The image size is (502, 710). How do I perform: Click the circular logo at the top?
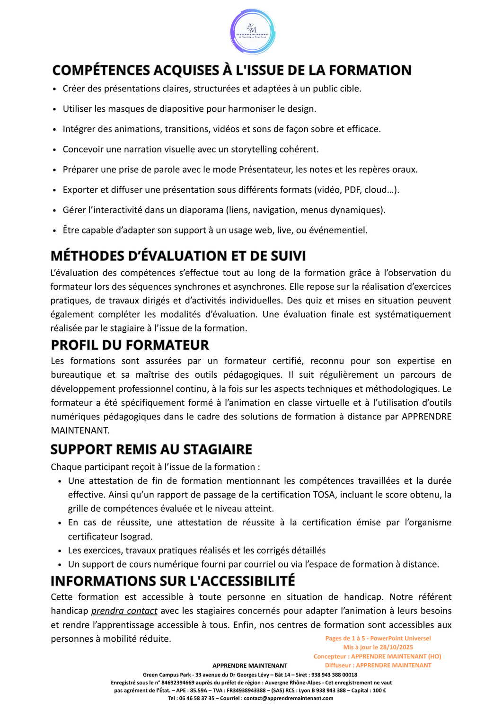click(253, 32)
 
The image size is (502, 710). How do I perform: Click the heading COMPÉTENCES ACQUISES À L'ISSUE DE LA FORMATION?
click(232, 70)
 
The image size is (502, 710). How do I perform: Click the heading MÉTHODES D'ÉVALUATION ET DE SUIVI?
click(178, 256)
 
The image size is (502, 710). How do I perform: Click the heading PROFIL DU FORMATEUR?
click(130, 345)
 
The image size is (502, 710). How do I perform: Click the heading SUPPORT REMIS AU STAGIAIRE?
click(151, 449)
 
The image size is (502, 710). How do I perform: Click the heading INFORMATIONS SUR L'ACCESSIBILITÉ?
click(173, 581)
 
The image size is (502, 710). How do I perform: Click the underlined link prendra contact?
click(124, 611)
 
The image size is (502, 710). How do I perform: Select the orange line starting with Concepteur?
click(377, 656)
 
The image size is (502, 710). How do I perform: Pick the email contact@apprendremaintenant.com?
click(289, 698)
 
